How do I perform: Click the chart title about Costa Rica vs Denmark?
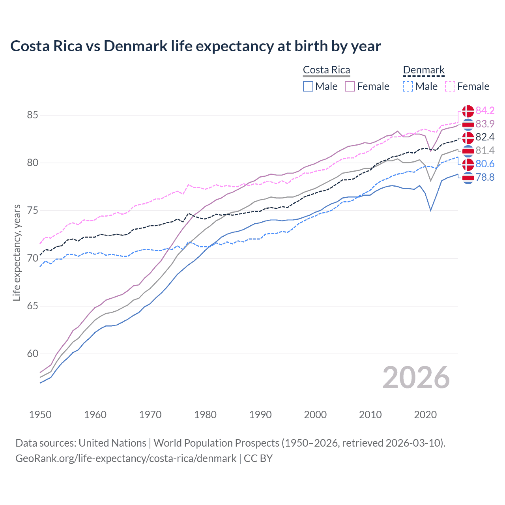[x=196, y=46]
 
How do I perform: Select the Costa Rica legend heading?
[x=326, y=70]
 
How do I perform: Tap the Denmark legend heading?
[x=424, y=70]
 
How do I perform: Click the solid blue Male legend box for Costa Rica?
[x=308, y=86]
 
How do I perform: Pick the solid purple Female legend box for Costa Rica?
[x=350, y=86]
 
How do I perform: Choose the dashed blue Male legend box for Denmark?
[x=408, y=86]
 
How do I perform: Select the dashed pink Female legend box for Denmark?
[x=450, y=86]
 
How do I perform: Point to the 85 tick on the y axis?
[x=32, y=115]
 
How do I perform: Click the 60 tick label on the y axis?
[x=32, y=354]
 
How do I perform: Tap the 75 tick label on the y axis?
[x=32, y=211]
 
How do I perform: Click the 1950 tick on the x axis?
[x=40, y=415]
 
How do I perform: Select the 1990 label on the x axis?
[x=260, y=415]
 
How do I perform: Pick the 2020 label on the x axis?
[x=425, y=415]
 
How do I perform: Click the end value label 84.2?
[x=485, y=110]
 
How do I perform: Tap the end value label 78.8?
[x=485, y=177]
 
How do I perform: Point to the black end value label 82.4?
[x=485, y=137]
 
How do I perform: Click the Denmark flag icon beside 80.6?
[x=468, y=164]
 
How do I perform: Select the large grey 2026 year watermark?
[x=416, y=378]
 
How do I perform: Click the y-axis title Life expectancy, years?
[x=17, y=252]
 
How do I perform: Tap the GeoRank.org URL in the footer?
[x=126, y=458]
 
